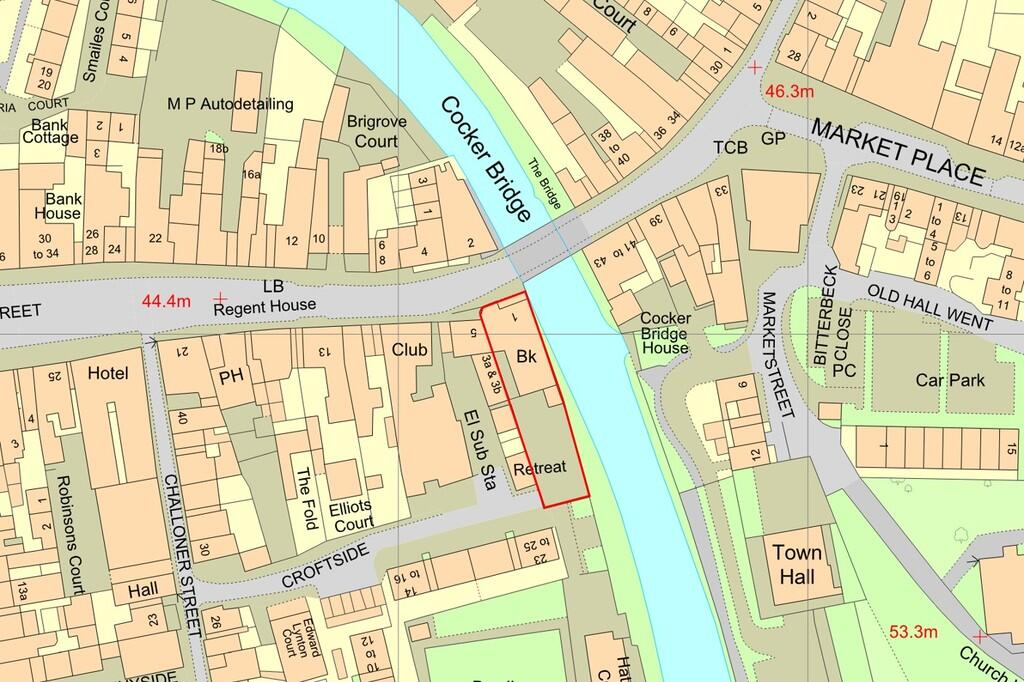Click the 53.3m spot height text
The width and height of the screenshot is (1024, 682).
coord(913,632)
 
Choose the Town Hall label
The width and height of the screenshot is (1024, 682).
coord(797,565)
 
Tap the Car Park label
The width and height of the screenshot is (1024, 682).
coord(950,380)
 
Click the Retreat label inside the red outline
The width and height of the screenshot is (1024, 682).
coord(540,467)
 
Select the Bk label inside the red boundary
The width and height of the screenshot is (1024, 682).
coord(528,357)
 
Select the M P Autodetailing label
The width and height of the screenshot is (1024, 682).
coord(230,103)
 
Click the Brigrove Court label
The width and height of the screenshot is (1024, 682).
coord(372,131)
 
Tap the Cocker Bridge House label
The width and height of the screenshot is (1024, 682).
coord(665,333)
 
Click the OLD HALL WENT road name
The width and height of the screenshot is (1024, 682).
coord(929,307)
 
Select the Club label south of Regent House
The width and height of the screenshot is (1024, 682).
coord(410,350)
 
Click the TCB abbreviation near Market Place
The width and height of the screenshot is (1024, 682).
coord(730,146)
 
